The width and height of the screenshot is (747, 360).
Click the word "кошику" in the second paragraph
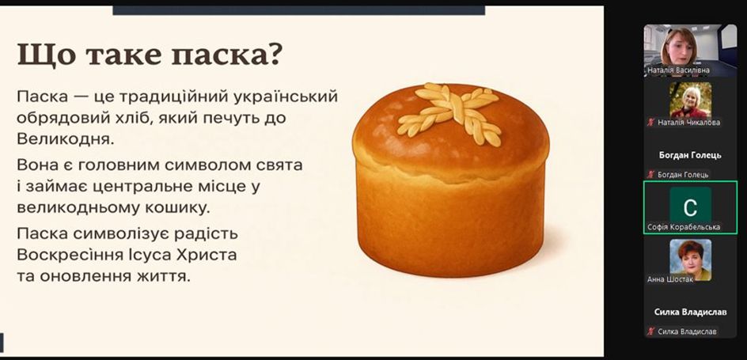click(180, 208)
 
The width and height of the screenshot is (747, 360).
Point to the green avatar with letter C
click(690, 207)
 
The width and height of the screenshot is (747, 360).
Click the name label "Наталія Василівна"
click(678, 70)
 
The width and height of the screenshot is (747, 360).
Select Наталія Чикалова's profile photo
click(690, 100)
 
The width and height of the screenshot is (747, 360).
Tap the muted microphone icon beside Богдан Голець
click(650, 175)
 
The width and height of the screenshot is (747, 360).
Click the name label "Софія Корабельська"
click(684, 227)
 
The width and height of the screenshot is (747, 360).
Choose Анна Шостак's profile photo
click(690, 260)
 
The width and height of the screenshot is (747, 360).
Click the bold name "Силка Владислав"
click(690, 313)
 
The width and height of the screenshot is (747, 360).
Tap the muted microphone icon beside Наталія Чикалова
click(650, 123)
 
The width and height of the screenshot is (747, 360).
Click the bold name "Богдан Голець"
click(690, 155)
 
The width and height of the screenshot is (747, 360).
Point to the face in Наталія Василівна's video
click(680, 48)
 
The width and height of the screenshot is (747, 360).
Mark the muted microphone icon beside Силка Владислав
click(650, 332)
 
